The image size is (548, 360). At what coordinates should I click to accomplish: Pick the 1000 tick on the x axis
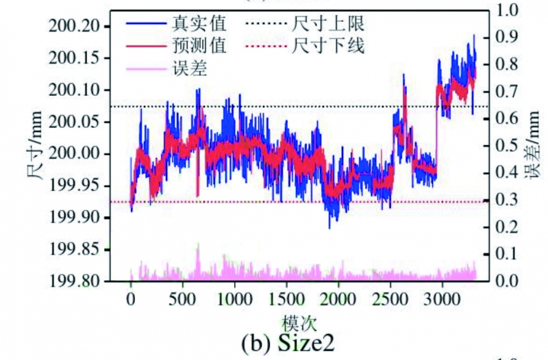pyautogui.click(x=234, y=300)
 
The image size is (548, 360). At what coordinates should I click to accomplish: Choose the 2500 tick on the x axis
pyautogui.click(x=390, y=300)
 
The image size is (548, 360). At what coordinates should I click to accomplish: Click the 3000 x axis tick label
pyautogui.click(x=442, y=300)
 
